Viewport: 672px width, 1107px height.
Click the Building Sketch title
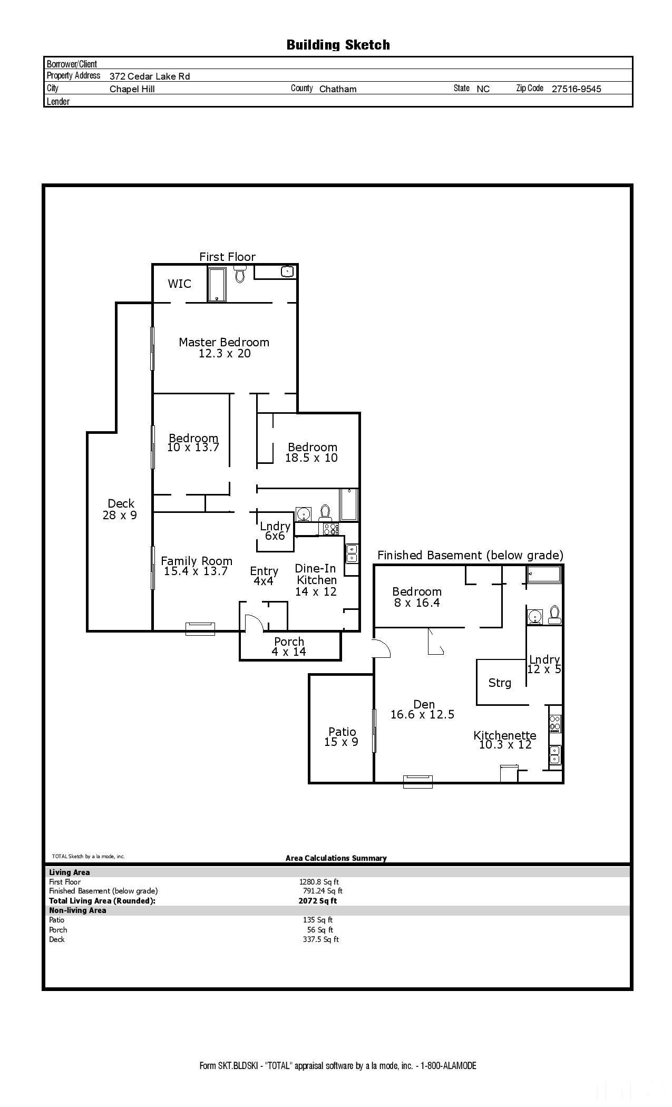pos(338,45)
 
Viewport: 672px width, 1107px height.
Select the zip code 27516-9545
pos(576,89)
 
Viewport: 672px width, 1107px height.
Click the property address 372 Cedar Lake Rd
pos(150,76)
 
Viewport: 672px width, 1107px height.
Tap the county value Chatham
pos(338,89)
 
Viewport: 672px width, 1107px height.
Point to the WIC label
pos(179,284)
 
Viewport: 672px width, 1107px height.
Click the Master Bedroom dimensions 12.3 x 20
pos(225,354)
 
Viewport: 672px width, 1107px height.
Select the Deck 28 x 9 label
pos(120,509)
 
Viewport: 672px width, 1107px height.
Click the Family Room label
pos(197,561)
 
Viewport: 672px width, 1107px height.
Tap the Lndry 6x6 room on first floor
pos(275,531)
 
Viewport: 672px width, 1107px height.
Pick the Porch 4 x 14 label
pos(289,646)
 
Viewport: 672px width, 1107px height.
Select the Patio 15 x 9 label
pos(342,737)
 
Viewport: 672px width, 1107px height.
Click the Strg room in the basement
pos(500,683)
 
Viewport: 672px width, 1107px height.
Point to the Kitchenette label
pos(504,735)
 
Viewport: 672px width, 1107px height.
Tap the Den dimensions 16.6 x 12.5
pos(422,715)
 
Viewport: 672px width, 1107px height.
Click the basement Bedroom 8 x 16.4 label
pos(417,597)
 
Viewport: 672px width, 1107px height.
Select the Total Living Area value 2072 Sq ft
pos(317,901)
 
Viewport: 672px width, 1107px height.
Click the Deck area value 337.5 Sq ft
pos(320,939)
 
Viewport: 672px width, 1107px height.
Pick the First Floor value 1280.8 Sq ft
pos(319,882)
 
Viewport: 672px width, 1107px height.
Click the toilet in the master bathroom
pos(240,274)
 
